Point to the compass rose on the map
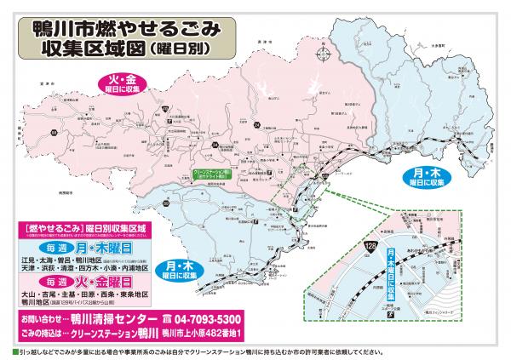tap(324, 57)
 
